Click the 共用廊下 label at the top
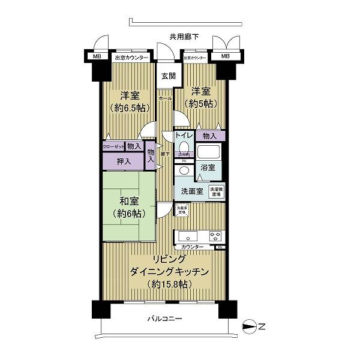tap(184, 37)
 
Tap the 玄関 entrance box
tap(167, 76)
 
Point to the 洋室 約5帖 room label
tap(202, 95)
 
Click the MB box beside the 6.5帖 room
tap(97, 57)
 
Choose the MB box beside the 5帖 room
tap(224, 57)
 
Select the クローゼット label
tap(113, 146)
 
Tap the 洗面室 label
tap(191, 191)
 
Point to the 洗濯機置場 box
tap(217, 190)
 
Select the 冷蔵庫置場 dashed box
tap(181, 209)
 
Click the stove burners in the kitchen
tap(214, 235)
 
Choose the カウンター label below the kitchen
tap(191, 247)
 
